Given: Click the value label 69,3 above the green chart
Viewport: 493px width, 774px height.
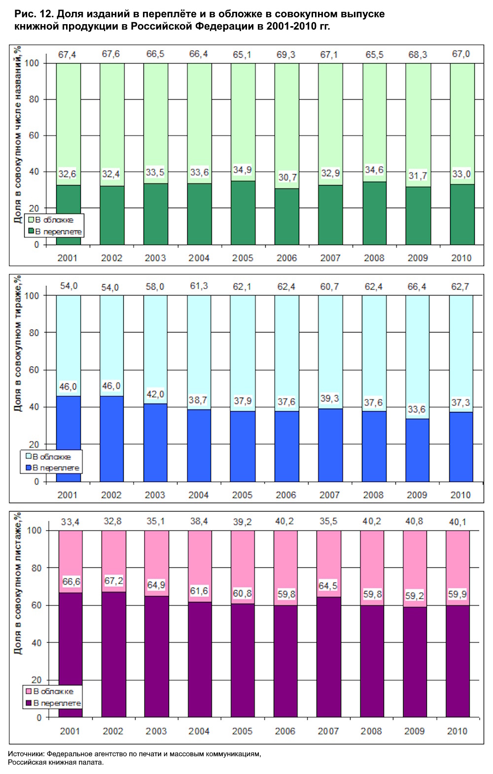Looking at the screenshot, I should point(286,54).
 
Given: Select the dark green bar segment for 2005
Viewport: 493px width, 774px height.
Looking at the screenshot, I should point(243,213).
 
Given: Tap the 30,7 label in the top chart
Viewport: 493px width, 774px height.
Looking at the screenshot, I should point(287,177).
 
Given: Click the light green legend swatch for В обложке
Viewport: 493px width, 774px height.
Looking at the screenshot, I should point(31,220).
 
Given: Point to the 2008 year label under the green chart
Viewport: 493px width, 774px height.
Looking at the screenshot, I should point(374,258).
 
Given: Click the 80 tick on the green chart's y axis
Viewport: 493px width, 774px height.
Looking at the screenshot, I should point(34,99).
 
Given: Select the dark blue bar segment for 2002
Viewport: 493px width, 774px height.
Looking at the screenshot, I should point(111,439).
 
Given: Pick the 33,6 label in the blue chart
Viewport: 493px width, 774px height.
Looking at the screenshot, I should point(417,409).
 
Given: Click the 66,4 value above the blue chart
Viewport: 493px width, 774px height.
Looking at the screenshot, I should point(417,287).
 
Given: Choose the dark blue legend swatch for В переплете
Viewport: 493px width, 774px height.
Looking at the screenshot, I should point(29,468).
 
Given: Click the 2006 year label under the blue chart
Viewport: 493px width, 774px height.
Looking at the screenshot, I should point(286,495).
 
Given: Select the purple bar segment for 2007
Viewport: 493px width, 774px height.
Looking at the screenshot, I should point(328,656).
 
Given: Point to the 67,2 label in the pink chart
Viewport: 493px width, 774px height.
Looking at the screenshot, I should point(113,581).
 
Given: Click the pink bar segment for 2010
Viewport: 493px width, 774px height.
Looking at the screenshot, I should point(458,557).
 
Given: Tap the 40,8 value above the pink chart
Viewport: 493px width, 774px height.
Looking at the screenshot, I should point(414,521).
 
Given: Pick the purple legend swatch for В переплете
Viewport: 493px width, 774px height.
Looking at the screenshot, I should point(29,703).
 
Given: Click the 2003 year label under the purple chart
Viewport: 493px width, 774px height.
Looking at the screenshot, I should point(156,731).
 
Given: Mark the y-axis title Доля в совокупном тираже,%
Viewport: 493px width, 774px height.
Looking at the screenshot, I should point(18,343).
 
